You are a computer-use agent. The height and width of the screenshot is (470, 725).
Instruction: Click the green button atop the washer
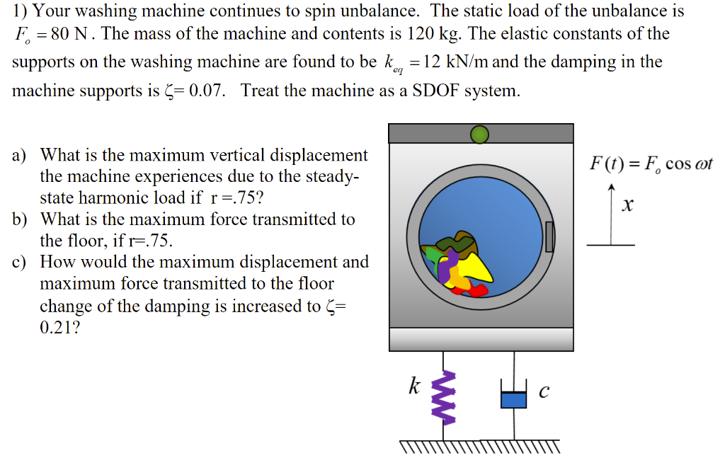tap(480, 134)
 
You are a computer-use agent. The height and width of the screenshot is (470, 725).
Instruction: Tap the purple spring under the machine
tap(447, 397)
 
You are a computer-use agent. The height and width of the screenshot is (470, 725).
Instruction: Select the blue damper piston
tap(514, 399)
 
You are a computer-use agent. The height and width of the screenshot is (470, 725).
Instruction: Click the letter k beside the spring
tap(415, 386)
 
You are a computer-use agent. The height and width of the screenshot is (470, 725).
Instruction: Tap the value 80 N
tap(65, 34)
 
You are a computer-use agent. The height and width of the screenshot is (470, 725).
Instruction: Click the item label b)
tap(20, 219)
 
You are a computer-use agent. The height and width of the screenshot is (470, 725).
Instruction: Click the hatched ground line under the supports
tap(479, 447)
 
